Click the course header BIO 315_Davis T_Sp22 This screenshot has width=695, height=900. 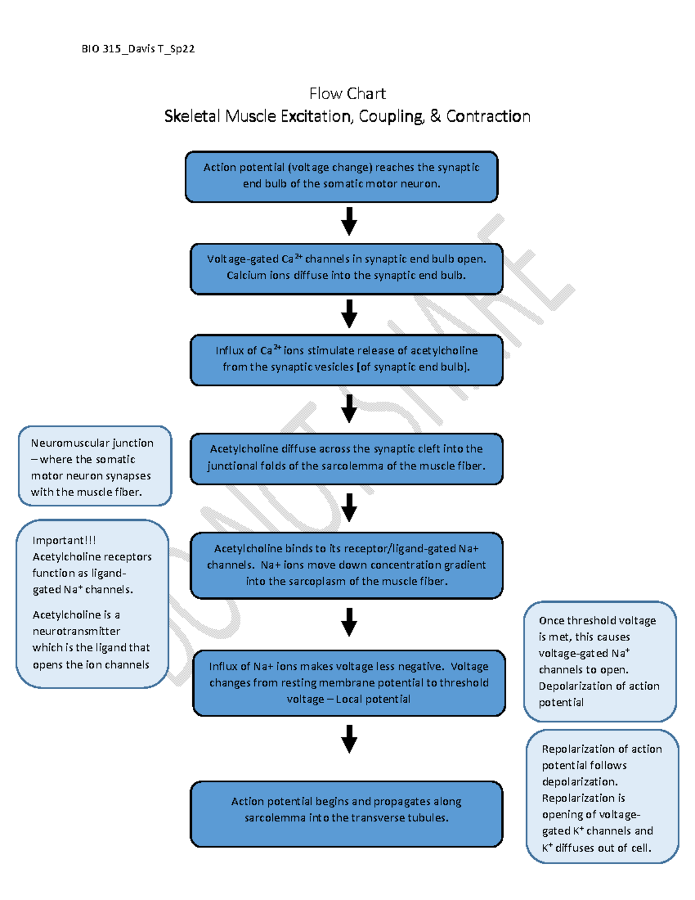point(138,49)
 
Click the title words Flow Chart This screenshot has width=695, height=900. point(348,93)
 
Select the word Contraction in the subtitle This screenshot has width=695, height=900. point(488,116)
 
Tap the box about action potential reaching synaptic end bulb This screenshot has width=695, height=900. point(342,176)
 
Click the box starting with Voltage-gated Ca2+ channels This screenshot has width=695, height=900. point(346,268)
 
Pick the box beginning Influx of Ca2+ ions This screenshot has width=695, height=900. point(346,359)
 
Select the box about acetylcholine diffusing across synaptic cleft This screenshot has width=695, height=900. point(346,458)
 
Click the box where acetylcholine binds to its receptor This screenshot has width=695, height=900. point(346,565)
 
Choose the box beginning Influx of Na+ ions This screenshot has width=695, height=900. point(349,683)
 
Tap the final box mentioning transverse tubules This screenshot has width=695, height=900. point(346,813)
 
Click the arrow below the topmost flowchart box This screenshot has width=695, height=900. point(349,221)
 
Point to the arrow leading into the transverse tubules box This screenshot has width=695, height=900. point(349,738)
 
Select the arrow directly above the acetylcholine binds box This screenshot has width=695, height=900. point(349,508)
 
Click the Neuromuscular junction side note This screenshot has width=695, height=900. point(95,467)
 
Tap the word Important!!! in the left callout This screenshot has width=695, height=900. point(64,540)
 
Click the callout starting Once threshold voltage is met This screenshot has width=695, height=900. point(599,661)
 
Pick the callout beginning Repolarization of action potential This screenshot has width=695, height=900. point(602,797)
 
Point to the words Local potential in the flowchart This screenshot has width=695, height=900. point(373,699)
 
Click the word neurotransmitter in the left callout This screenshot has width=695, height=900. point(76,631)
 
